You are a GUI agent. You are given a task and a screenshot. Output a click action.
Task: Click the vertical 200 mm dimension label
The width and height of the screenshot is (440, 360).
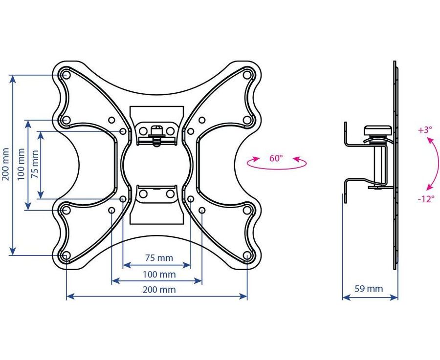pyautogui.click(x=6, y=165)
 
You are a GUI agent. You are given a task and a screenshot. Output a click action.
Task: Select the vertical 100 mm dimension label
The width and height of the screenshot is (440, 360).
pyautogui.click(x=22, y=165)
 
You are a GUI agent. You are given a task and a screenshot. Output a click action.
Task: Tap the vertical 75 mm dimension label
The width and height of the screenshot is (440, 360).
pyautogui.click(x=35, y=164)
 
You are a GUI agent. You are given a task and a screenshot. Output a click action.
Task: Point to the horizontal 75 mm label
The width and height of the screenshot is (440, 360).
pyautogui.click(x=159, y=257)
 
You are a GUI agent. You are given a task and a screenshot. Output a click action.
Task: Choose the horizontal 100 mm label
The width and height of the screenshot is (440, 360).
pyautogui.click(x=159, y=274)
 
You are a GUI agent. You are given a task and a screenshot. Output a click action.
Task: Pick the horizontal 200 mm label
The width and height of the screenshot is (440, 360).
pyautogui.click(x=159, y=289)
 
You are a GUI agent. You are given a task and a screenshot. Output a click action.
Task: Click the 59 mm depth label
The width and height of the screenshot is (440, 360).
pyautogui.click(x=369, y=289)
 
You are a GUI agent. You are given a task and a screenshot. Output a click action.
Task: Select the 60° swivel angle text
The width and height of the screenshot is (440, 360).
pyautogui.click(x=276, y=158)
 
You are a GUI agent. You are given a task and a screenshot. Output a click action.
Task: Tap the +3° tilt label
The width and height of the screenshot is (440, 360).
pyautogui.click(x=425, y=130)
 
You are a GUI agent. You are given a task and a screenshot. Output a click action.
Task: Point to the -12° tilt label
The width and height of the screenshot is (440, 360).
pyautogui.click(x=426, y=199)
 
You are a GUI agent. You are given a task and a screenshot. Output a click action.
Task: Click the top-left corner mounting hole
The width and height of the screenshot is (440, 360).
pyautogui.click(x=66, y=75)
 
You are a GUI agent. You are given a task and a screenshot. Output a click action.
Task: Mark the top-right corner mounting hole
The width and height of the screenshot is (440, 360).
pyautogui.click(x=247, y=75)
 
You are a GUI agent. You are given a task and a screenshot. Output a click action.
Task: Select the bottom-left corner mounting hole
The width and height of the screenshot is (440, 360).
pyautogui.click(x=66, y=255)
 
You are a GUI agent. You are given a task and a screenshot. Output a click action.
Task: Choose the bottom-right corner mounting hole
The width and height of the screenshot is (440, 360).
pyautogui.click(x=247, y=255)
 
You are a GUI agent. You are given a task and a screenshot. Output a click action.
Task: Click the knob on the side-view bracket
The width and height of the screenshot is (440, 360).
pyautogui.click(x=377, y=130)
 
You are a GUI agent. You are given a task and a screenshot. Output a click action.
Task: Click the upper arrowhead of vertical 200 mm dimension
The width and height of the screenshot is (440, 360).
pyautogui.click(x=12, y=79)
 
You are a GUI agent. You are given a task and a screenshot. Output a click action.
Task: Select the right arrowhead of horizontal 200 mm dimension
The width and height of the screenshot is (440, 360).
pyautogui.click(x=243, y=296)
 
